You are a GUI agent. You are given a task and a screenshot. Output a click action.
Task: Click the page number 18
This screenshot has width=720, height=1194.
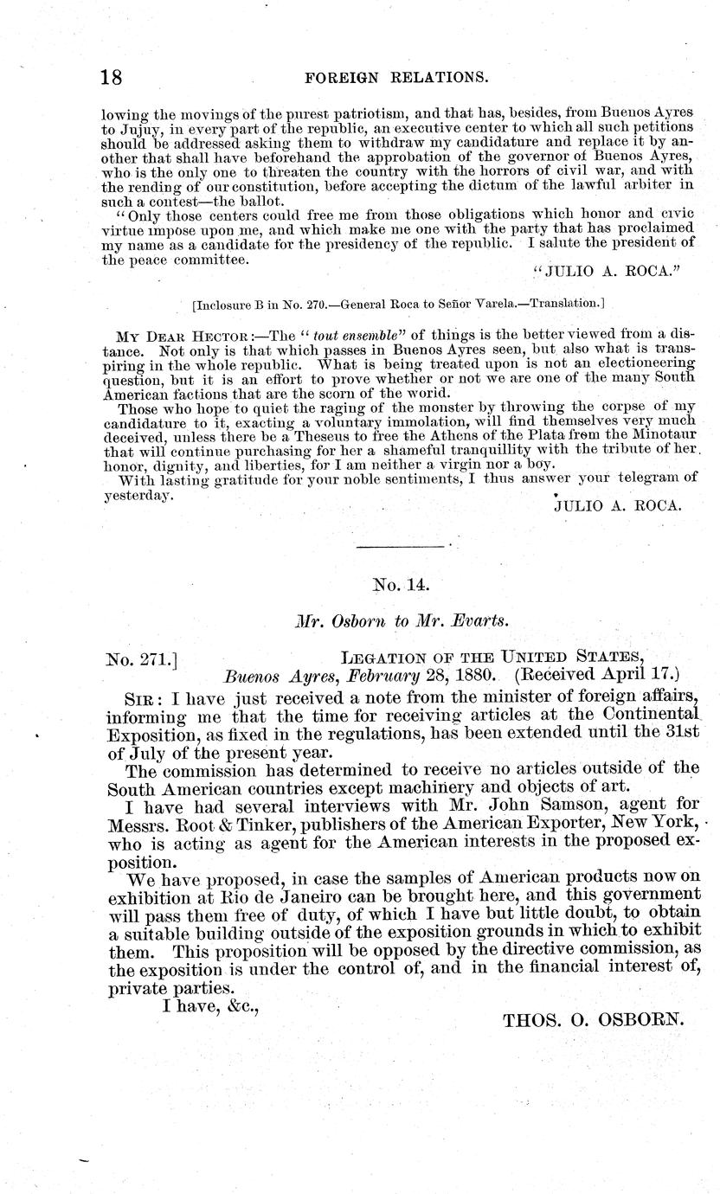(109, 76)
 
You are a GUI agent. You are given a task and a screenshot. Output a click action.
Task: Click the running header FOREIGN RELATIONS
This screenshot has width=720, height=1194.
(393, 77)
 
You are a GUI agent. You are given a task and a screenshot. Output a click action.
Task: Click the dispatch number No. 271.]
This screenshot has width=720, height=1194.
(140, 661)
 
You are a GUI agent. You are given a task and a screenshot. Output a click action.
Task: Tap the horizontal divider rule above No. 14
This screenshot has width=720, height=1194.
(402, 546)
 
